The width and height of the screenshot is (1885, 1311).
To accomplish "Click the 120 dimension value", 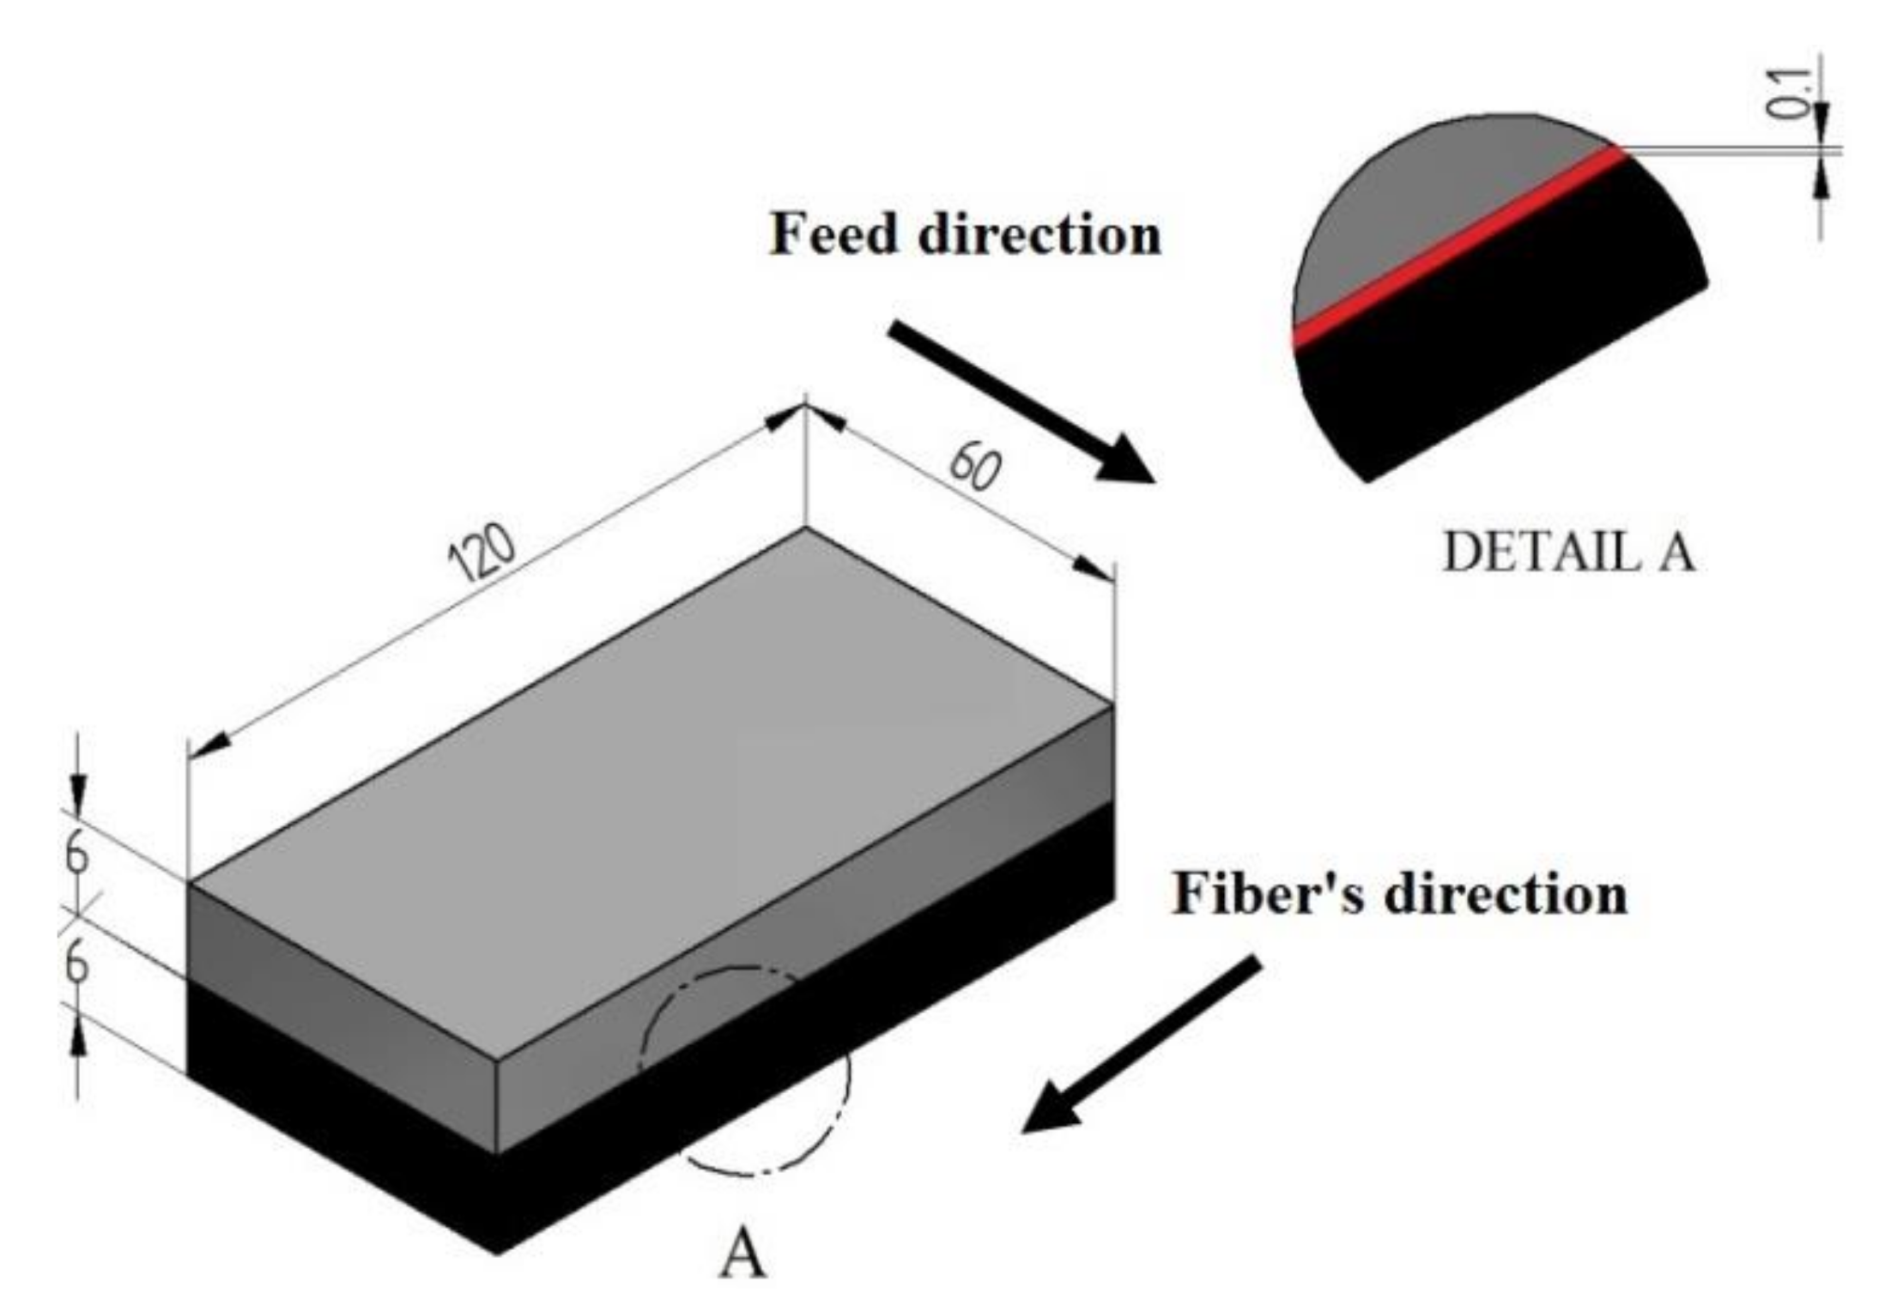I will tap(482, 552).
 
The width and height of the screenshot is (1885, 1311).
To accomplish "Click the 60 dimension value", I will tap(975, 468).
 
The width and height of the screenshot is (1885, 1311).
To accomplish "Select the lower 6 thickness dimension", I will tap(77, 964).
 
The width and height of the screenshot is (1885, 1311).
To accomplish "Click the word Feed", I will tap(833, 234).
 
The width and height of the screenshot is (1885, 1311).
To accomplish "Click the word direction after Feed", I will tap(1040, 234).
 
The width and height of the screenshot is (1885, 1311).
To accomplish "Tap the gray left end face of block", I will tap(343, 1012).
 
